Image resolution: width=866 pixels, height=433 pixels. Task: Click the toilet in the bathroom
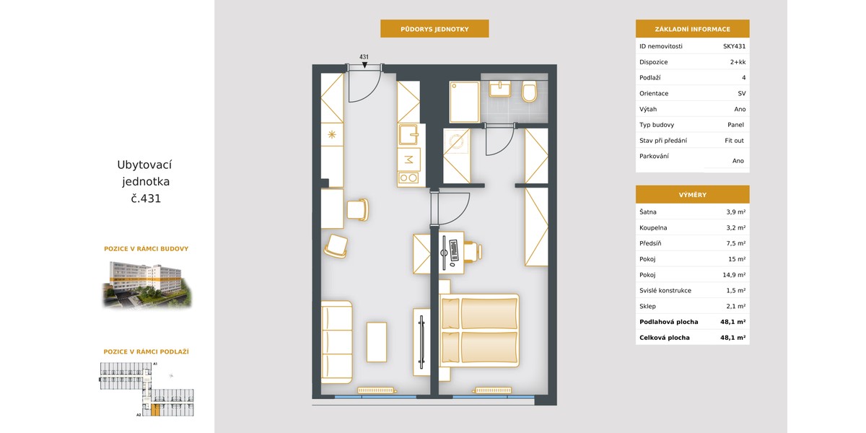(x=529, y=91)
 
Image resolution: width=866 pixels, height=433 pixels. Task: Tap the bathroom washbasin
(x=500, y=89)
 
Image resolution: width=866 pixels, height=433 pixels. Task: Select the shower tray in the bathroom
(x=464, y=102)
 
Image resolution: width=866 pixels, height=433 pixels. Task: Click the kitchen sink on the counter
(x=408, y=134)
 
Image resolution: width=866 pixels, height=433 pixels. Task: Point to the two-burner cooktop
(x=408, y=178)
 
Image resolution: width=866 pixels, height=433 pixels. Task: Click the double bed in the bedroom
(x=479, y=331)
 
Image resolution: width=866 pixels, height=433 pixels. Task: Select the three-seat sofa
(x=337, y=342)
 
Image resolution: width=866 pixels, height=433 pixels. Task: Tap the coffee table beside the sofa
(x=377, y=342)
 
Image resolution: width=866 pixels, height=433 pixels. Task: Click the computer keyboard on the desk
(x=453, y=250)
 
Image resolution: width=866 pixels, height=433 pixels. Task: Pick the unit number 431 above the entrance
(x=364, y=57)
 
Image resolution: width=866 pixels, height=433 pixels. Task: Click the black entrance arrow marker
(x=364, y=65)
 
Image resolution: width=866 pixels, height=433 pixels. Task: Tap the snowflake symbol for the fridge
(x=332, y=134)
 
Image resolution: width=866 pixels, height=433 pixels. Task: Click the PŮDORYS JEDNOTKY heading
(x=434, y=29)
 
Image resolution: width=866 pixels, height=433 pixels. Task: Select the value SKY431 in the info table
(x=734, y=46)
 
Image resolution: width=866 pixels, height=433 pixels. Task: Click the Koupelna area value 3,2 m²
(x=735, y=228)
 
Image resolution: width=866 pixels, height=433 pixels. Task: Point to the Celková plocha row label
(x=664, y=338)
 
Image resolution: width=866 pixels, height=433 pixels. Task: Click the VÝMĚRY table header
(x=692, y=194)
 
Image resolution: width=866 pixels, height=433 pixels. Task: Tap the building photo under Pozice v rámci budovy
(x=147, y=284)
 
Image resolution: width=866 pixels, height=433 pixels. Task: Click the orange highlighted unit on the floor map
(x=155, y=410)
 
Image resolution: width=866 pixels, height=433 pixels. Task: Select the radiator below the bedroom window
(x=494, y=390)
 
